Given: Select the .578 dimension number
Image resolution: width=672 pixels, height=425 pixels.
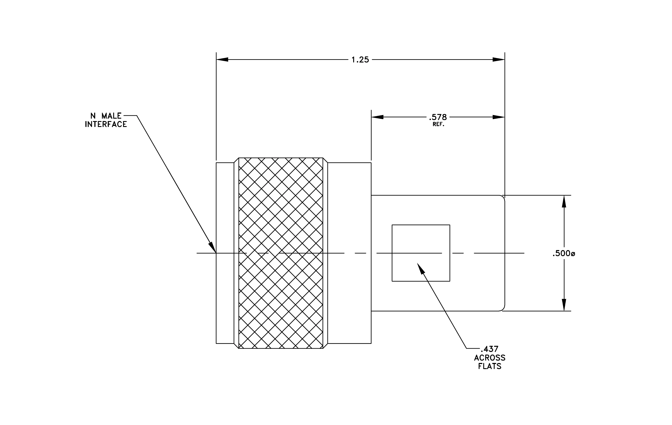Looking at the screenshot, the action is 438,117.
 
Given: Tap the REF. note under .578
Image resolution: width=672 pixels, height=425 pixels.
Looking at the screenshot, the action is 438,124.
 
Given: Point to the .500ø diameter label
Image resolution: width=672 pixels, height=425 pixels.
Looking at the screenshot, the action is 564,254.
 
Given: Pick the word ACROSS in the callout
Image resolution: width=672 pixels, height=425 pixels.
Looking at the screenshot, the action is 490,358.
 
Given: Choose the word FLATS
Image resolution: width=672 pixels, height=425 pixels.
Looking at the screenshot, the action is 490,366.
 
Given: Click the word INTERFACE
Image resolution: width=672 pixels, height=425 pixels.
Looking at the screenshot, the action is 106,124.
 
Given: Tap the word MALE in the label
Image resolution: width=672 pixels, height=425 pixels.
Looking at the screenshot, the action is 111,116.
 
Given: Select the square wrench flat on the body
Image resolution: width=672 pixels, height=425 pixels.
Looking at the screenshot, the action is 421,253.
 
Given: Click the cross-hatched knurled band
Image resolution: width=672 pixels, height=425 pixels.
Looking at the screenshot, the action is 281,253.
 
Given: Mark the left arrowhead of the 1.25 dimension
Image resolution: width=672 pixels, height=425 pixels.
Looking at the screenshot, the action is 222,59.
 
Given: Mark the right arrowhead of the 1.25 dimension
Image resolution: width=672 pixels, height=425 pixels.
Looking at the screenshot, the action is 499,59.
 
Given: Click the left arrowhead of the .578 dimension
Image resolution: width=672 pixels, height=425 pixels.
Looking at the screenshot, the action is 377,117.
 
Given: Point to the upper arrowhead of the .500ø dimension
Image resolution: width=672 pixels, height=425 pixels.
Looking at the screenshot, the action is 564,201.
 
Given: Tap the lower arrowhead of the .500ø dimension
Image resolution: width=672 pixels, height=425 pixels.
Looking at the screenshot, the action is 564,305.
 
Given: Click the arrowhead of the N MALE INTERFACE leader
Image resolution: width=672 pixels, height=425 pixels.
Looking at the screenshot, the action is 213,248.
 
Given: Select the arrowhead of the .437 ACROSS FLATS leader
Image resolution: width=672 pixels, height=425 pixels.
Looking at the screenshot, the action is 421,268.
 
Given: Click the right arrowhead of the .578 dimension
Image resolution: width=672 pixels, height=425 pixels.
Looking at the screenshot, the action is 499,117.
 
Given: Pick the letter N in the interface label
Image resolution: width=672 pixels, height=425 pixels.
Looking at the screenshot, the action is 93,116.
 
